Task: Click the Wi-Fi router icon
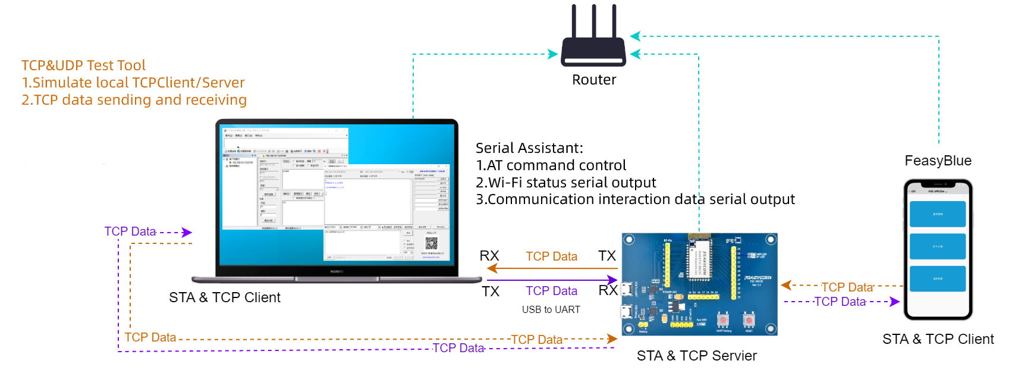click(x=593, y=50)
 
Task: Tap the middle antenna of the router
click(x=593, y=21)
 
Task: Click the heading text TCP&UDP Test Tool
click(x=83, y=65)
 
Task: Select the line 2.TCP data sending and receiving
click(x=134, y=100)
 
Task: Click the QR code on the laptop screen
click(x=431, y=243)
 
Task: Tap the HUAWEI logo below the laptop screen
click(x=337, y=271)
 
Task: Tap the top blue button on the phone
click(x=937, y=214)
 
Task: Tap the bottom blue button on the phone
click(x=937, y=278)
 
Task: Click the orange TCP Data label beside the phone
click(x=847, y=287)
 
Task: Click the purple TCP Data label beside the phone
click(x=840, y=302)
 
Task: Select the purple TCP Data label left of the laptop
click(x=130, y=231)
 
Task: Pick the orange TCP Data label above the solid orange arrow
click(x=551, y=256)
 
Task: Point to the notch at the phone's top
click(x=938, y=184)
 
